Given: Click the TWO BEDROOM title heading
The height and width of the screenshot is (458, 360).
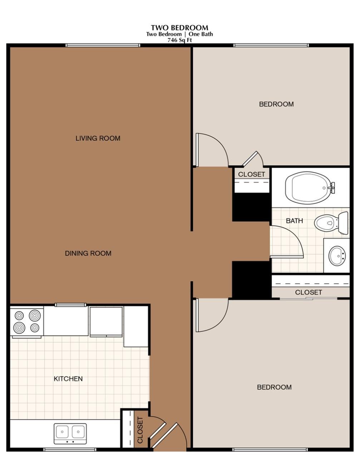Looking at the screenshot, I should coord(179,28).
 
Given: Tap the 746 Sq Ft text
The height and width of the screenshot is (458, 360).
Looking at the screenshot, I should coord(179,40).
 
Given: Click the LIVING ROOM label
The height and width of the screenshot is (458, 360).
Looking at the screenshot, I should coord(98,138).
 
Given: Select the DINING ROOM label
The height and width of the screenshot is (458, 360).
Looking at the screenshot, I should coord(88,253).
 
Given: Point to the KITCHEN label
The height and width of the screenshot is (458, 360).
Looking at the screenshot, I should coord(68,379).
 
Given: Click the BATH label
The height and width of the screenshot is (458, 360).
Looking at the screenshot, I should coord(294,221).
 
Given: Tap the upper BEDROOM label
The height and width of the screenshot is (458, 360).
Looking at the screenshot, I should coord(276,104).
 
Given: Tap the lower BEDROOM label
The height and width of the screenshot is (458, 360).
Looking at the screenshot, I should coord(274,387).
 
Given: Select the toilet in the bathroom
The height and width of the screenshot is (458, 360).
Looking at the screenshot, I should coord(331,222).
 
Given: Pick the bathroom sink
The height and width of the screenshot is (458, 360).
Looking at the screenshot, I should coord(337,255).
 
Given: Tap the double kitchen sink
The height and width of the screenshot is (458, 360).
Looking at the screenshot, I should coord(70,433).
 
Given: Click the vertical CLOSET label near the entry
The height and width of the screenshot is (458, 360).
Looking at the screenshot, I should coord(140,430).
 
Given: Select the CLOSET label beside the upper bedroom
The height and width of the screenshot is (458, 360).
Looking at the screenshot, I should coord(251,174).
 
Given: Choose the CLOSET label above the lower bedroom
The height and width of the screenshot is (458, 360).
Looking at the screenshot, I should coord(308,292).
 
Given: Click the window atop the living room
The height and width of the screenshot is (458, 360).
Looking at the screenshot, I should coord(103,45).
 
